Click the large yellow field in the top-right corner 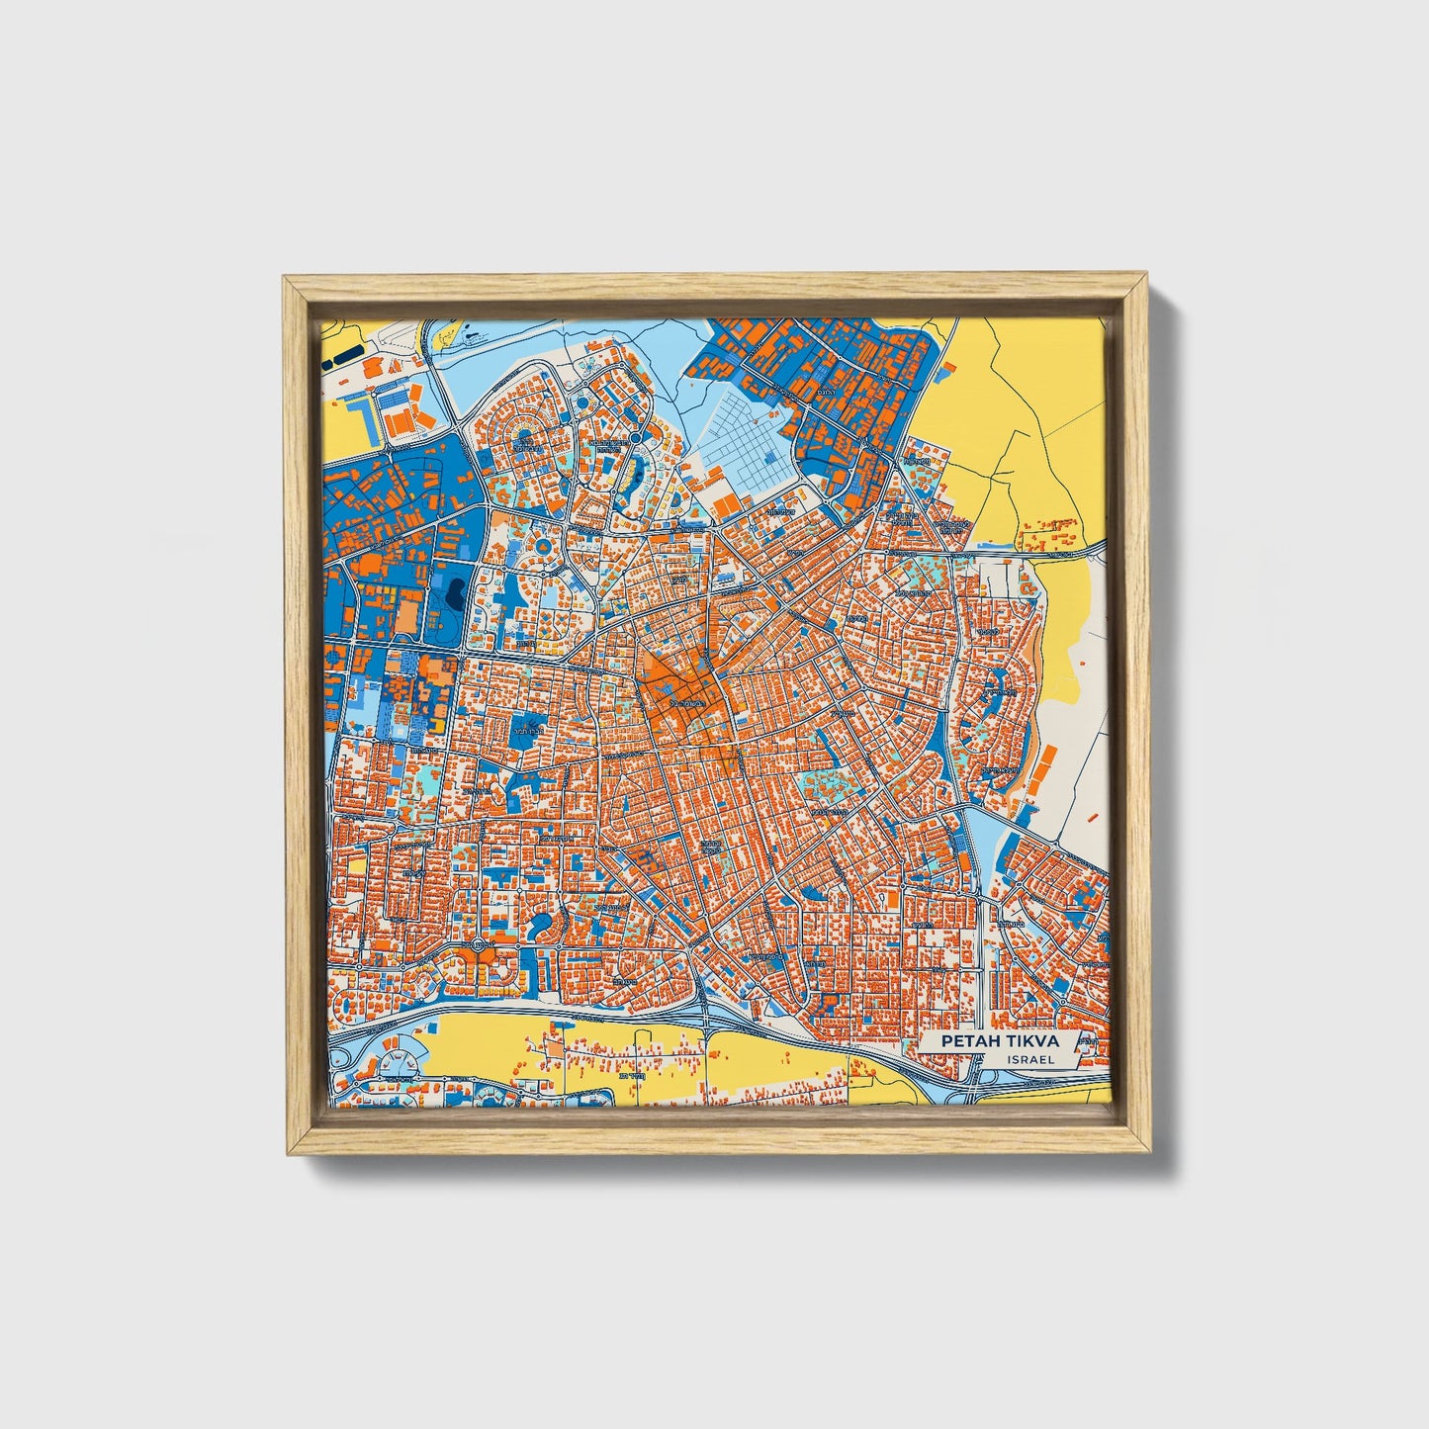(x=1028, y=396)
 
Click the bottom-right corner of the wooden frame (x=1148, y=1151)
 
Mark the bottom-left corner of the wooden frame (x=287, y=1151)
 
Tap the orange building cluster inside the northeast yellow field (x=1048, y=535)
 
